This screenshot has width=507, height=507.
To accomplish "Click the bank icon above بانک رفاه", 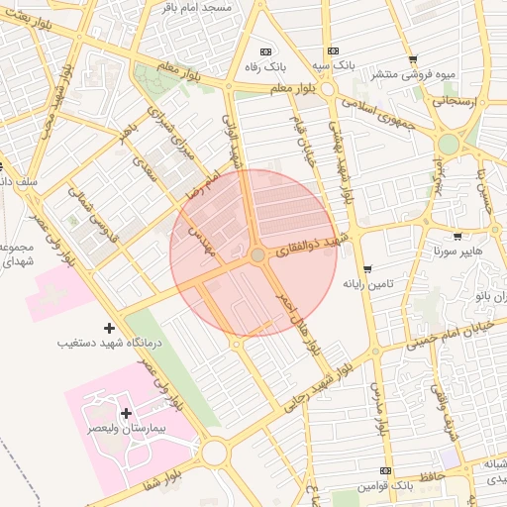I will (x=264, y=51).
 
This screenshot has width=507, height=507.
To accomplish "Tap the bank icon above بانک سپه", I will (x=333, y=51).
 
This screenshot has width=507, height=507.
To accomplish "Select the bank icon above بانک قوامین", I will (x=385, y=470).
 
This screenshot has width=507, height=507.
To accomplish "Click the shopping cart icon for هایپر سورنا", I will (x=457, y=237).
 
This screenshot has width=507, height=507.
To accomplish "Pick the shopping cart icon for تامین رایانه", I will (x=367, y=269).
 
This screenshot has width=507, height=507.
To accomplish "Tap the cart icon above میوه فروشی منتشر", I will (x=413, y=59).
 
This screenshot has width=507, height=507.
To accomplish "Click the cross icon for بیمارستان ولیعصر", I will (x=126, y=413).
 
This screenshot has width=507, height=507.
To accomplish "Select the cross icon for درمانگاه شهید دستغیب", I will (x=109, y=327).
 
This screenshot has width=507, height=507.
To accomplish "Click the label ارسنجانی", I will (x=454, y=100).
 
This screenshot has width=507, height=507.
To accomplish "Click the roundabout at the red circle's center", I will (x=256, y=255).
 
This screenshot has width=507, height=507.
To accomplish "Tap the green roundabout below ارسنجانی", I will (x=449, y=145).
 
